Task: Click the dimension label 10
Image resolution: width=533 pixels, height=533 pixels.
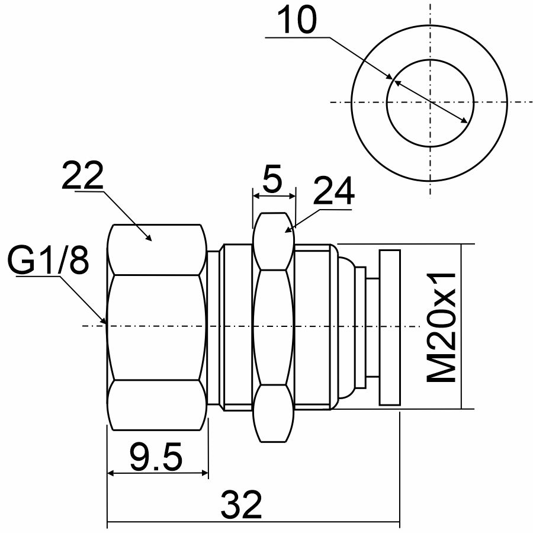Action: (297, 19)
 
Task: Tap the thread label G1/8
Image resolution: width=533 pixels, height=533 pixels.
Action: (48, 260)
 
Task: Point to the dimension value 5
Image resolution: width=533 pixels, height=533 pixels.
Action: (273, 178)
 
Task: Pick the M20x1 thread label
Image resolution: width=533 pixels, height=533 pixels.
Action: (441, 326)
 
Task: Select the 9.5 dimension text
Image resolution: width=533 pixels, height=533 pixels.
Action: (156, 456)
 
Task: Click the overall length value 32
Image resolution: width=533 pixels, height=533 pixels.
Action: (242, 504)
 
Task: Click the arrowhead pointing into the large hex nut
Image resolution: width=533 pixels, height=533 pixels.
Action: (148, 237)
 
